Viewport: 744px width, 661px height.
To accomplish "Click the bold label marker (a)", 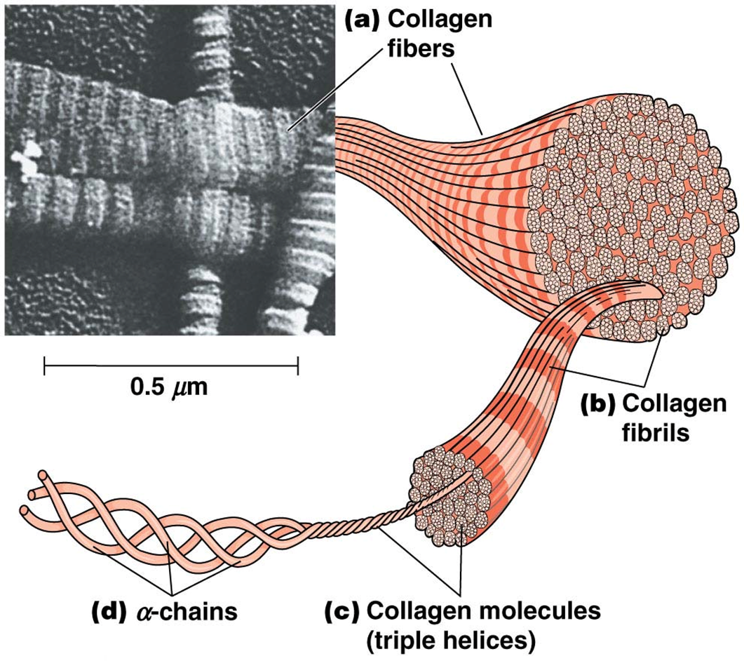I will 364,19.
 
